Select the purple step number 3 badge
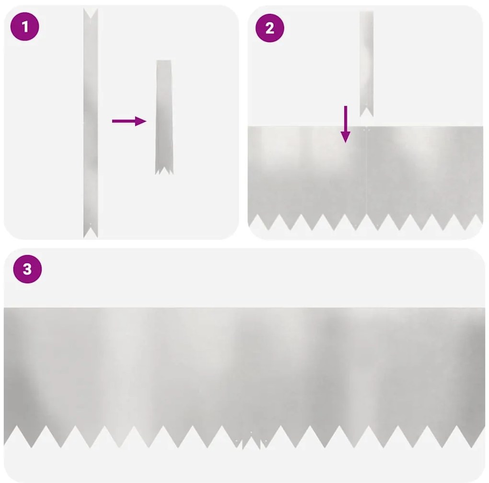pos(27,269)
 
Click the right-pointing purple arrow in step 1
pos(128,121)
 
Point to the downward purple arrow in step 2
pos(345,124)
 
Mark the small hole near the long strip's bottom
pos(91,224)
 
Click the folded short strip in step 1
pos(163,115)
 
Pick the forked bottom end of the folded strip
pos(163,170)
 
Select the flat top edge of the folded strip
pos(163,61)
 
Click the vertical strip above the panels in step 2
pos(366,57)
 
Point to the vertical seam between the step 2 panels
pos(366,172)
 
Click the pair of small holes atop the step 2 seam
pos(366,129)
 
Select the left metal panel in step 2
pos(307,172)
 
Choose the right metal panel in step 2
pos(424,172)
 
